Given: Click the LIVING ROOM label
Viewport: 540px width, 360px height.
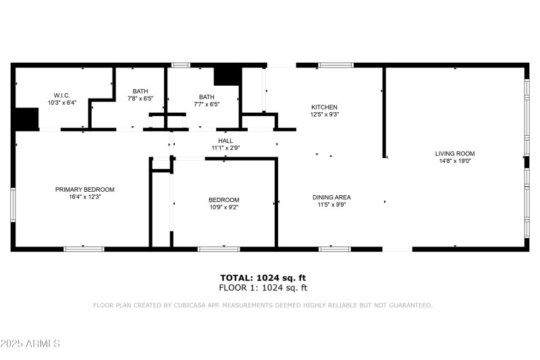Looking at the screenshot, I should tap(456, 154).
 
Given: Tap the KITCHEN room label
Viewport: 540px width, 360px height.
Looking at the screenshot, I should tap(324, 107).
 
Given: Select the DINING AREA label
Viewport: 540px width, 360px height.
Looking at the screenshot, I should tap(331, 197).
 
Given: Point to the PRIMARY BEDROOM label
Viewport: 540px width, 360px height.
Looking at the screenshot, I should tap(84, 190).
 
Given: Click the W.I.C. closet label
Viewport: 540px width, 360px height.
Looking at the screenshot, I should tap(62, 95).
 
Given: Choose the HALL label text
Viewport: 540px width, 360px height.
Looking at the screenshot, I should tap(225, 140).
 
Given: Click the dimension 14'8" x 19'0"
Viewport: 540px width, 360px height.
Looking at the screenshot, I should tap(456, 161).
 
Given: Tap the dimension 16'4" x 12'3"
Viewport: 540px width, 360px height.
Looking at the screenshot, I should tap(84, 197).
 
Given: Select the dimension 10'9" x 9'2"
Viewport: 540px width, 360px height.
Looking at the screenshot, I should tap(223, 207).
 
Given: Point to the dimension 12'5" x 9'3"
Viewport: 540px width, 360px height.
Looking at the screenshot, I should tap(324, 115).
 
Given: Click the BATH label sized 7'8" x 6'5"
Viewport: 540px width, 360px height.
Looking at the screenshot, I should tap(140, 91).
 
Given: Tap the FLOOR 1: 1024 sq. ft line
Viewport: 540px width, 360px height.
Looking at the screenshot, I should tap(263, 288).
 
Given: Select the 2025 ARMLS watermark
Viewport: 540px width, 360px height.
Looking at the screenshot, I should tap(31, 344).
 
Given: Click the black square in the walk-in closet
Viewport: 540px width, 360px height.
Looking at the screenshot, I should tap(27, 119).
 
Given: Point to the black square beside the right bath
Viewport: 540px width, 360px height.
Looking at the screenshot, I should tap(227, 76).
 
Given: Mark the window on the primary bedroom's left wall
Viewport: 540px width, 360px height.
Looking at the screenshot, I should tap(12, 204).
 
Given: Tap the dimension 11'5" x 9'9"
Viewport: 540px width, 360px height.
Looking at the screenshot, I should tap(331, 205).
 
